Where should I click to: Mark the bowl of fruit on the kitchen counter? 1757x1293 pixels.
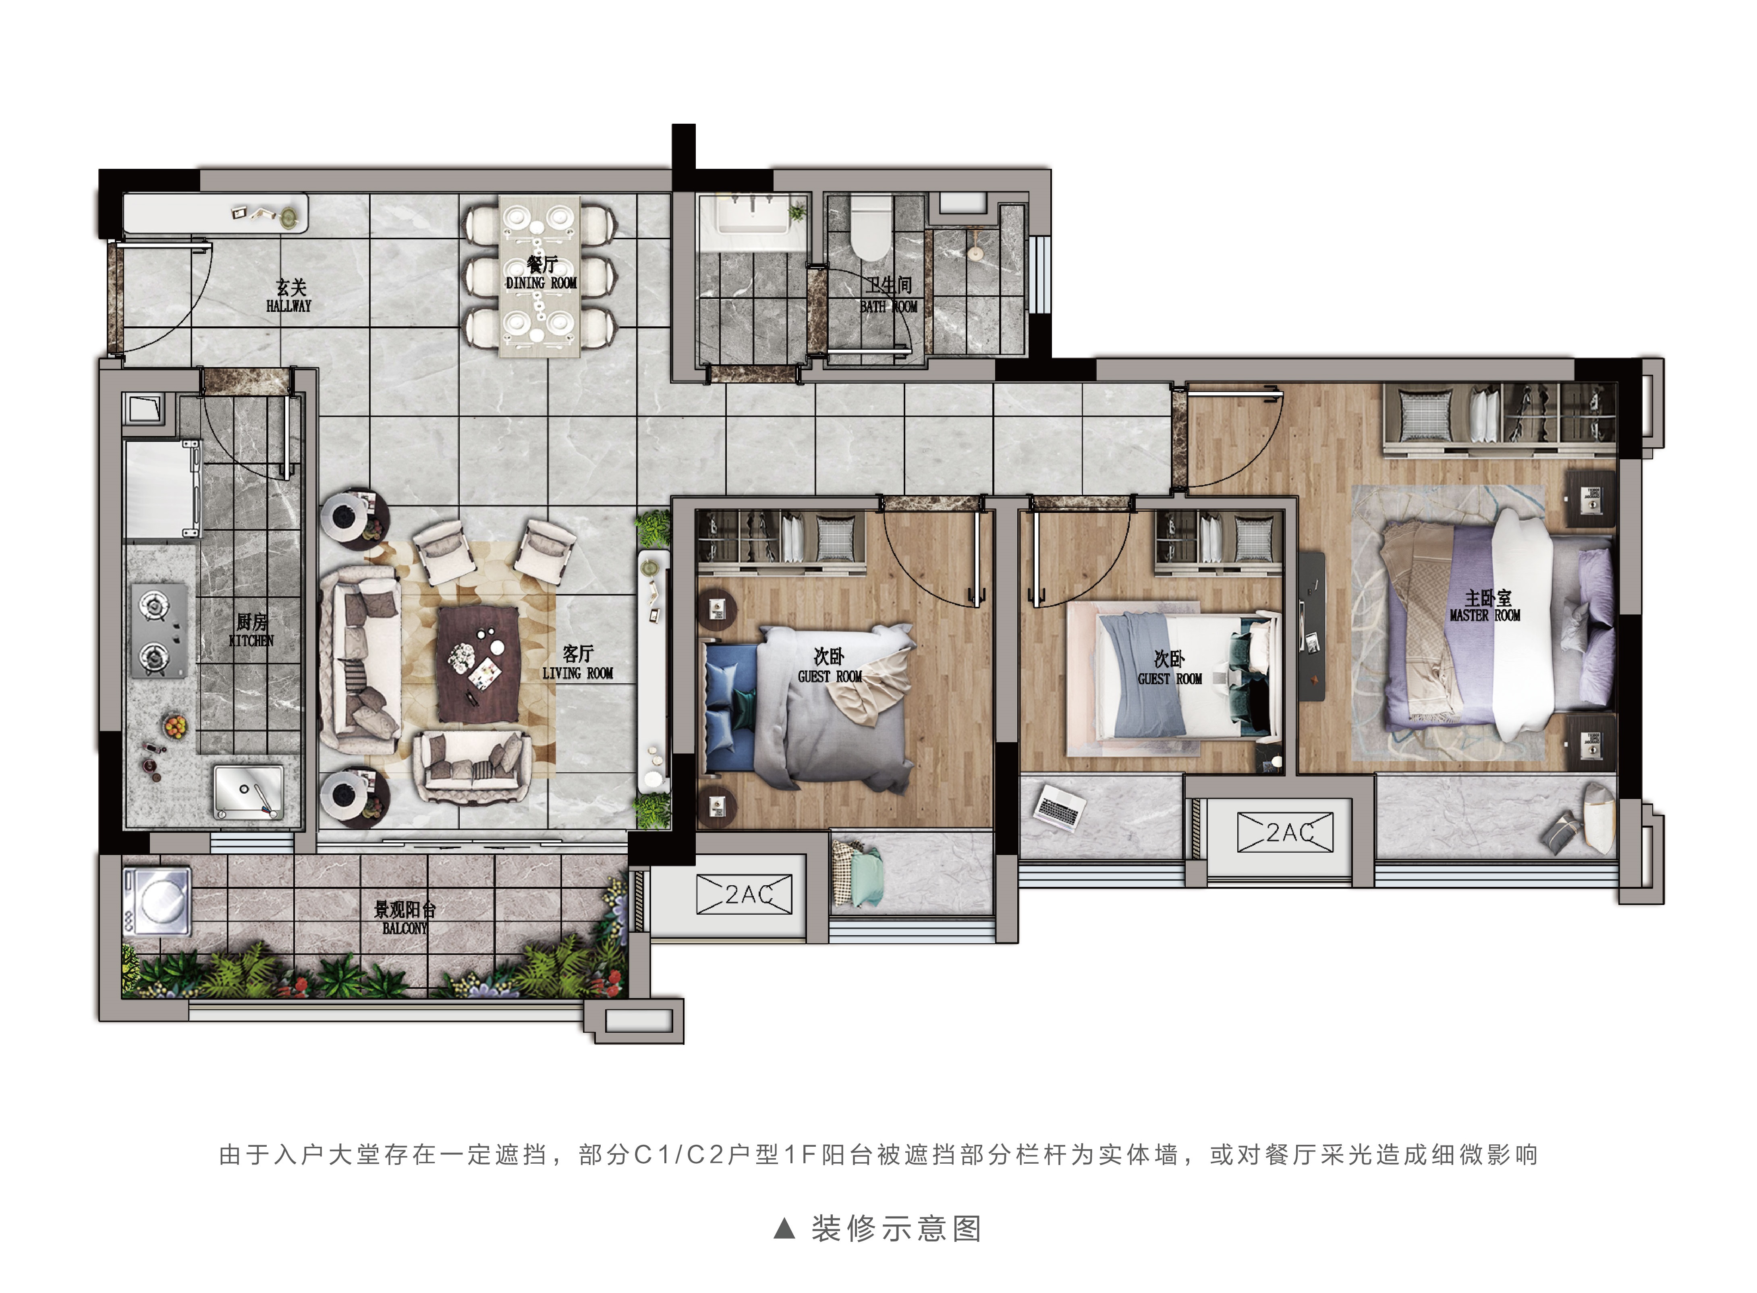[x=174, y=726]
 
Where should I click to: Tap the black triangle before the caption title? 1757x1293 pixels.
[x=784, y=1228]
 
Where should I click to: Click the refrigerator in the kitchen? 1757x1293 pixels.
[x=162, y=489]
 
